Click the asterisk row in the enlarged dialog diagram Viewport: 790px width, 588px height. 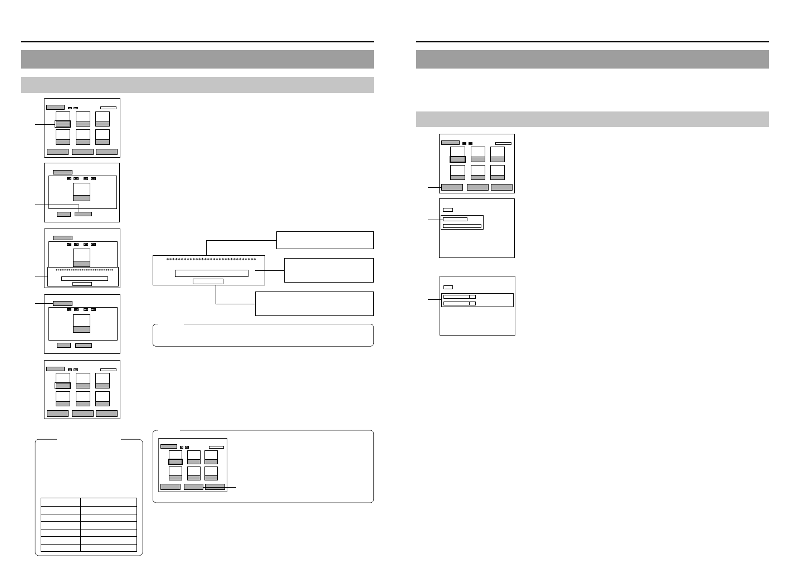point(211,260)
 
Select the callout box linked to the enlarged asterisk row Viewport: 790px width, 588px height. point(325,240)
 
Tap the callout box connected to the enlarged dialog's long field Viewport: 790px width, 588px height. point(329,270)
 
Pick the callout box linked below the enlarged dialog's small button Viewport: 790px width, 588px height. point(314,304)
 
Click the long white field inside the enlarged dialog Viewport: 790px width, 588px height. point(211,273)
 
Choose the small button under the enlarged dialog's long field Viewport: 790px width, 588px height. point(208,281)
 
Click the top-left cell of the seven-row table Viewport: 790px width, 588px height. point(60,502)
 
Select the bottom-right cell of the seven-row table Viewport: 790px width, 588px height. point(109,548)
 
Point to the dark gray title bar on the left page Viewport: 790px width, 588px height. point(197,59)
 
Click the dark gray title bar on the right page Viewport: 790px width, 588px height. point(592,59)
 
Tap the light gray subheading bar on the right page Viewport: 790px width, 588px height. point(592,119)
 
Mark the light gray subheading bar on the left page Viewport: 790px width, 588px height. point(197,85)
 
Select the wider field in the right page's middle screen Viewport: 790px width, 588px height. point(462,226)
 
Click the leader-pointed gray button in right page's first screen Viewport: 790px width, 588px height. point(452,187)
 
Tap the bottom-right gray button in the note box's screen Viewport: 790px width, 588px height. point(215,487)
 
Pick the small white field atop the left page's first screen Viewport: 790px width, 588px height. point(108,107)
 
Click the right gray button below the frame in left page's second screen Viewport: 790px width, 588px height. point(83,213)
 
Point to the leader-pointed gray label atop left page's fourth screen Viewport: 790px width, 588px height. point(62,304)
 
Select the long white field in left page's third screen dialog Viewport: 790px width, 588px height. point(84,278)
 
